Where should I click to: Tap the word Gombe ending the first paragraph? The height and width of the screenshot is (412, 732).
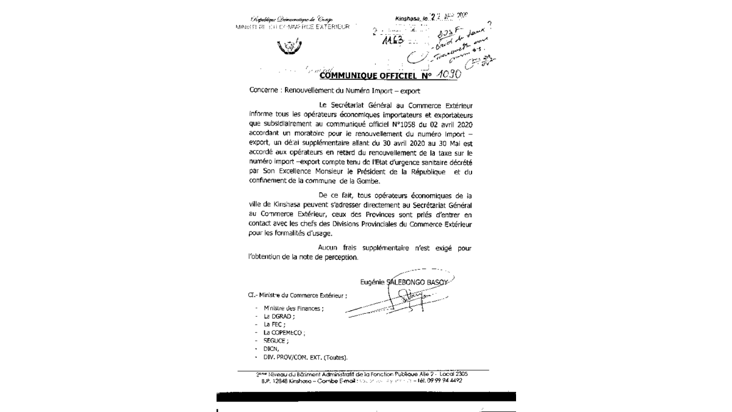pos(368,181)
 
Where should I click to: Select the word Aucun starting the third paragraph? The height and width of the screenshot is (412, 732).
pos(330,247)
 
